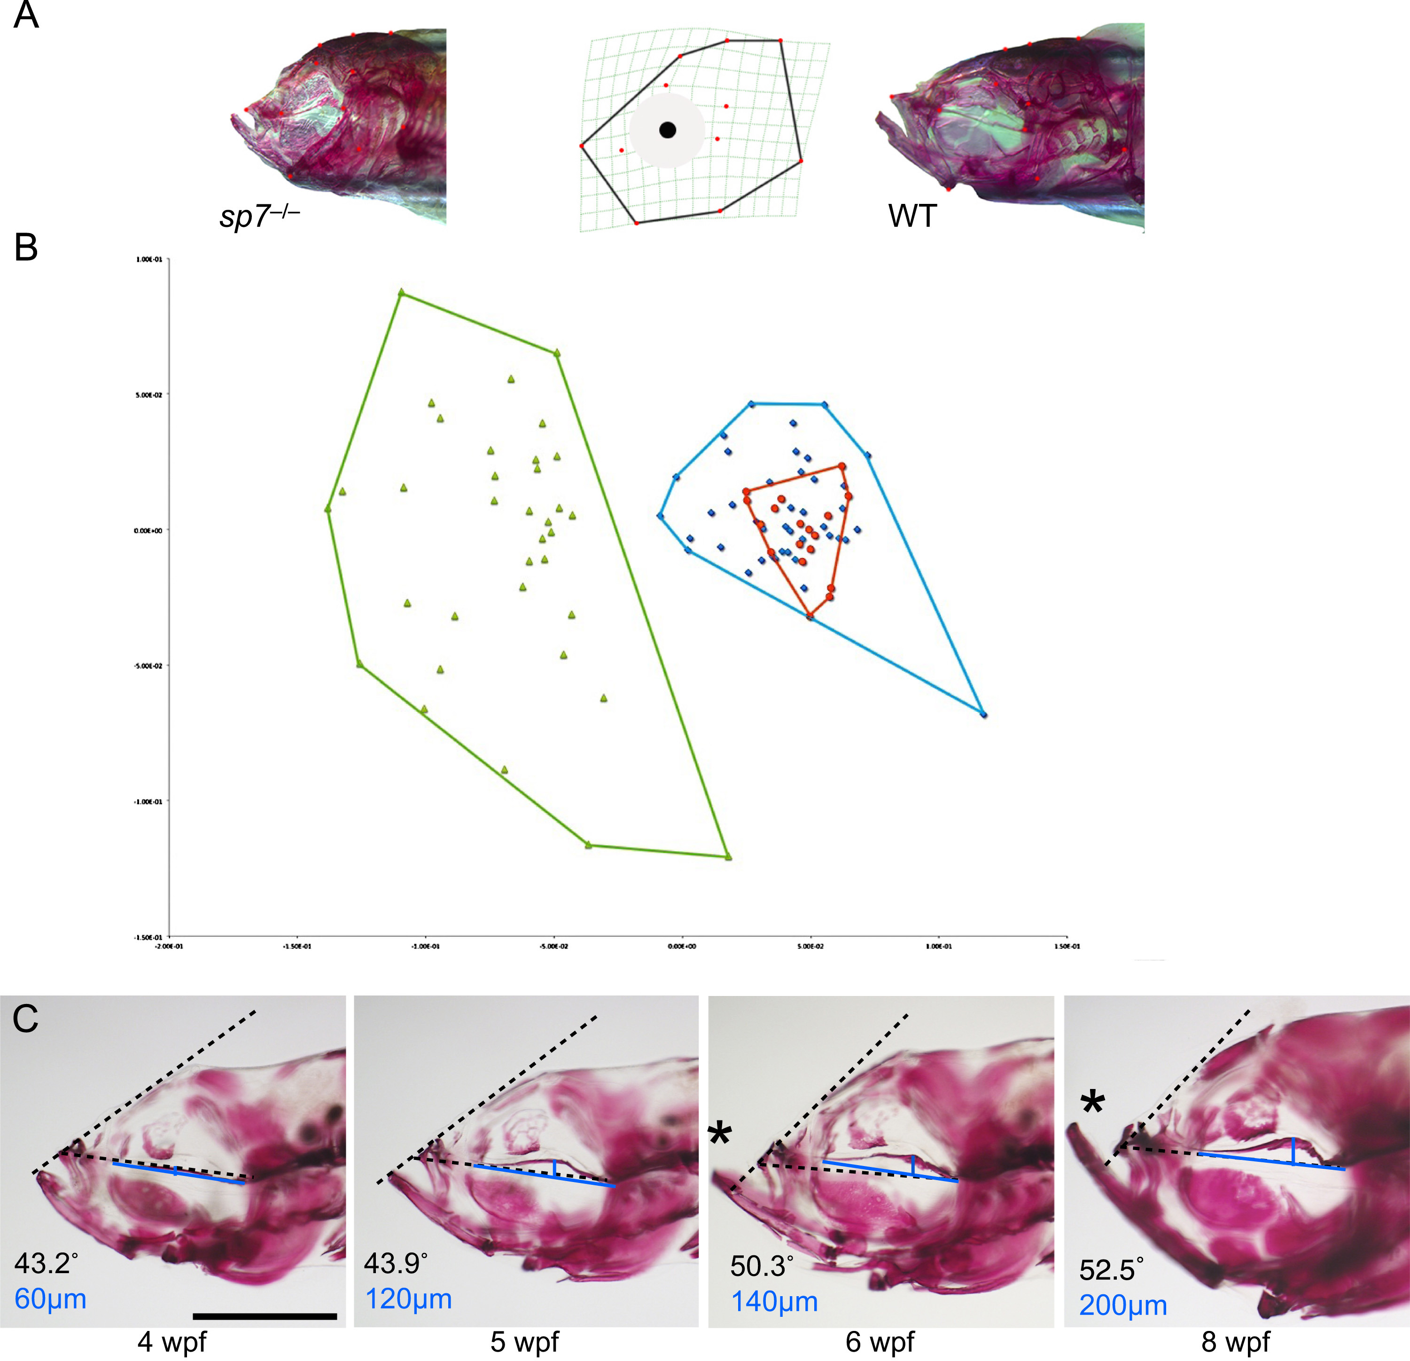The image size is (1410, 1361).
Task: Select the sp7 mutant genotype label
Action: point(259,215)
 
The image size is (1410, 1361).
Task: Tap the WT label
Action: point(912,216)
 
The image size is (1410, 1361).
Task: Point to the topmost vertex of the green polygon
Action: point(401,293)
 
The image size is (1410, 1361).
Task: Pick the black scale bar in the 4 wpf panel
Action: point(265,1316)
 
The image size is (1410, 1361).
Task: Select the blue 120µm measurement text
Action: point(409,1299)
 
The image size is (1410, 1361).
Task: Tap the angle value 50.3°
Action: point(762,1266)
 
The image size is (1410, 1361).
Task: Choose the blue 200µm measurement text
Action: point(1123,1305)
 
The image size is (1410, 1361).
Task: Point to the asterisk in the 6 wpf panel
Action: point(720,1134)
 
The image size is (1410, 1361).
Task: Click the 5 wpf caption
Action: point(524,1342)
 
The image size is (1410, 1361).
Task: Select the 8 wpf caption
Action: point(1236,1342)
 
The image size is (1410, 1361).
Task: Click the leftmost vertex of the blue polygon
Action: point(660,515)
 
